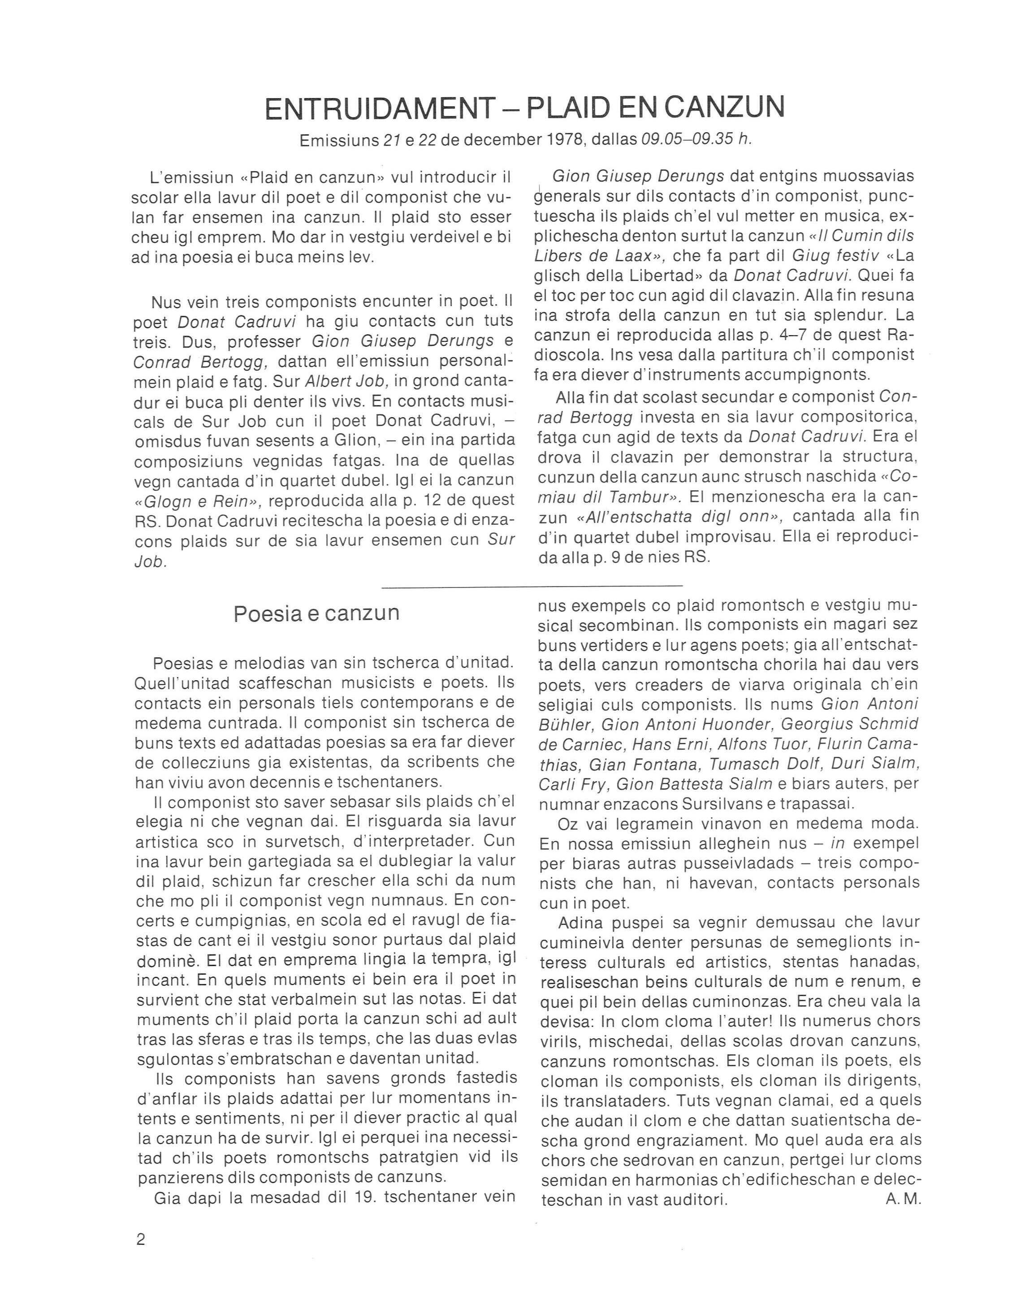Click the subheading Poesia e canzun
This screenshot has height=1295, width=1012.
click(x=316, y=613)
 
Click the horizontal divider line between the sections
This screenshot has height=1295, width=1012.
click(x=532, y=587)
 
